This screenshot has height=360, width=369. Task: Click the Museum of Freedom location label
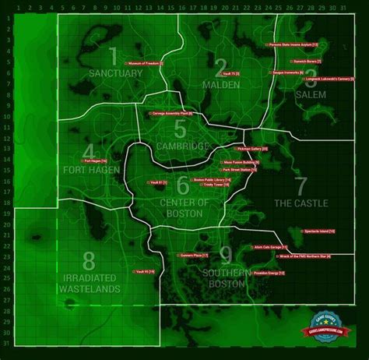tap(146, 63)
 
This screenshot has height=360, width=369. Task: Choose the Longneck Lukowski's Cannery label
tap(313, 79)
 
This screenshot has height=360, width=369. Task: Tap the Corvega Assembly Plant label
tap(171, 114)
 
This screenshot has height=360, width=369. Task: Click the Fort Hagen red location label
tap(95, 161)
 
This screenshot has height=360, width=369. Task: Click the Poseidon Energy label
tap(270, 274)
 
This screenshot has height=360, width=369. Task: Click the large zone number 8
tap(89, 260)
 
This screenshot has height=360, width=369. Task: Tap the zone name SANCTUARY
tap(116, 73)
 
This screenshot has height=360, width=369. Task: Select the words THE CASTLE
tap(301, 203)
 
